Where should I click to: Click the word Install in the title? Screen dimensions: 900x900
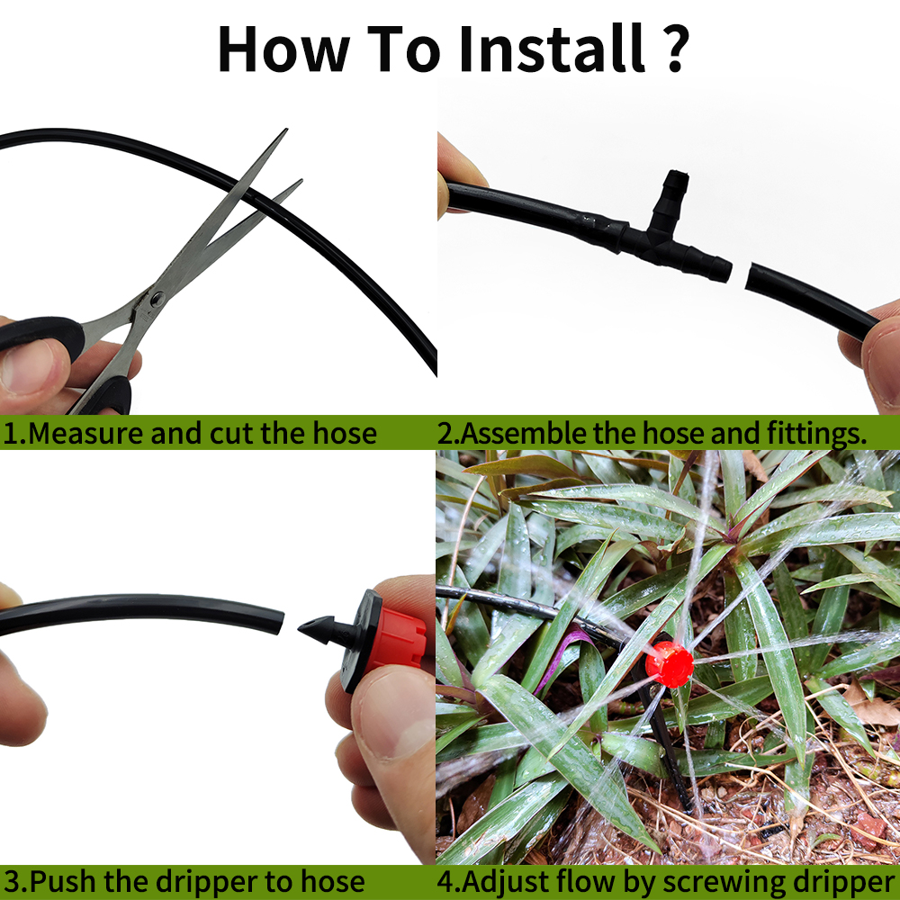tap(552, 49)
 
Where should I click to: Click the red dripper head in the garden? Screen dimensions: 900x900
tap(669, 664)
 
